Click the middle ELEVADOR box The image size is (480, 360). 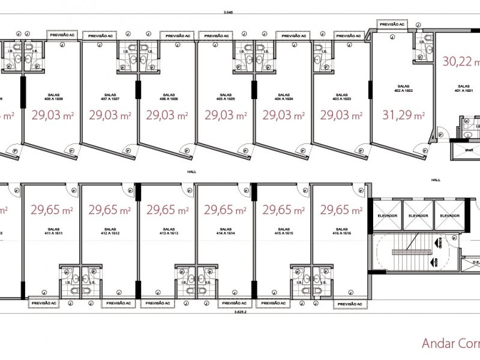418,216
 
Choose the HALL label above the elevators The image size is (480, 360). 436,179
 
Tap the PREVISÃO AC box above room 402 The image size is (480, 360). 392,23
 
